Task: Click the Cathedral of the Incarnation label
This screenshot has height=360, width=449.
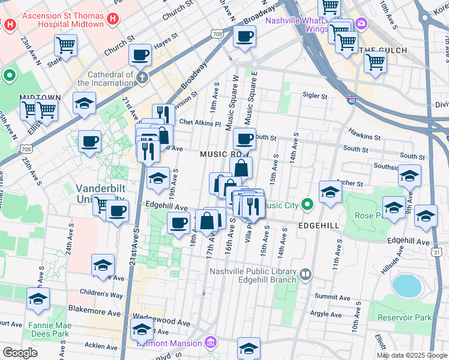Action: (x=98, y=79)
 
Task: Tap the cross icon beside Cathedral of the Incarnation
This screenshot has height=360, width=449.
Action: (x=142, y=77)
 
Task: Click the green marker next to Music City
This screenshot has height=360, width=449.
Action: (x=307, y=205)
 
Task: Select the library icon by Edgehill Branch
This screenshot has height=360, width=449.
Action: (x=306, y=275)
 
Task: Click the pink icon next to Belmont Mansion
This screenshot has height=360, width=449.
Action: (x=210, y=343)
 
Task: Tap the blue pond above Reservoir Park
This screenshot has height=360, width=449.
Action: (x=407, y=286)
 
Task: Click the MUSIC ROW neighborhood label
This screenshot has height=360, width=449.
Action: (x=220, y=155)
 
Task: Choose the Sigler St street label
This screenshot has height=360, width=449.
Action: (x=315, y=95)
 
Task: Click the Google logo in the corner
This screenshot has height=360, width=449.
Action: (x=20, y=353)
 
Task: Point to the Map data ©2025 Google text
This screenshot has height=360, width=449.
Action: (x=411, y=355)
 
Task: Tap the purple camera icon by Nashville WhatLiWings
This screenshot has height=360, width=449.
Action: (x=361, y=23)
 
